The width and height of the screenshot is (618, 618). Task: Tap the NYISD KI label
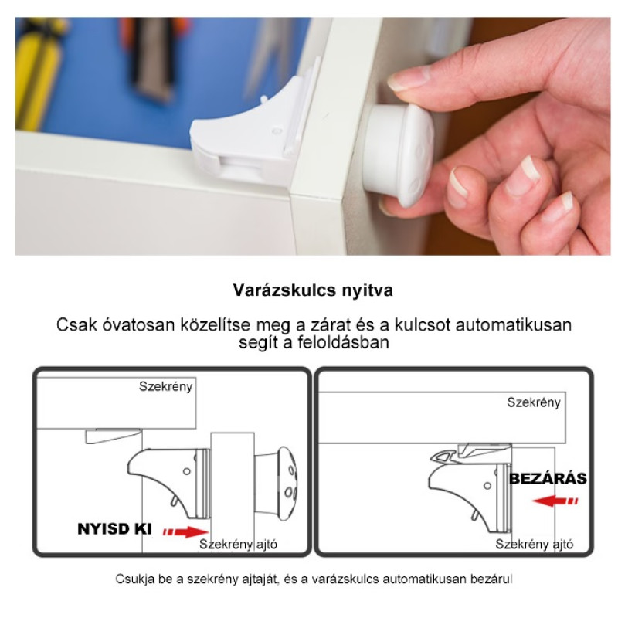coord(114,529)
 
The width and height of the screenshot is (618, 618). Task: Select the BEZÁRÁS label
coord(548,479)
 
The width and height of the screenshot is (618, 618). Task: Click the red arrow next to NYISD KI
coord(185,531)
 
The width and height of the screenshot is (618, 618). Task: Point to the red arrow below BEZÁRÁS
coord(555,501)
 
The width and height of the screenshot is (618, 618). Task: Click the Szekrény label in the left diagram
coord(165,387)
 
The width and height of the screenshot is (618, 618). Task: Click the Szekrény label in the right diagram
coord(534,402)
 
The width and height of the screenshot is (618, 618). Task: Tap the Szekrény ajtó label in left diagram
coord(238,545)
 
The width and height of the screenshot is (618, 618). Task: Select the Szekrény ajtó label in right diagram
coord(534,545)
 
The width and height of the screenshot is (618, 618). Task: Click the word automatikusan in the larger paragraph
coord(513,325)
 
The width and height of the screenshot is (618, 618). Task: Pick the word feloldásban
coord(343,342)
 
